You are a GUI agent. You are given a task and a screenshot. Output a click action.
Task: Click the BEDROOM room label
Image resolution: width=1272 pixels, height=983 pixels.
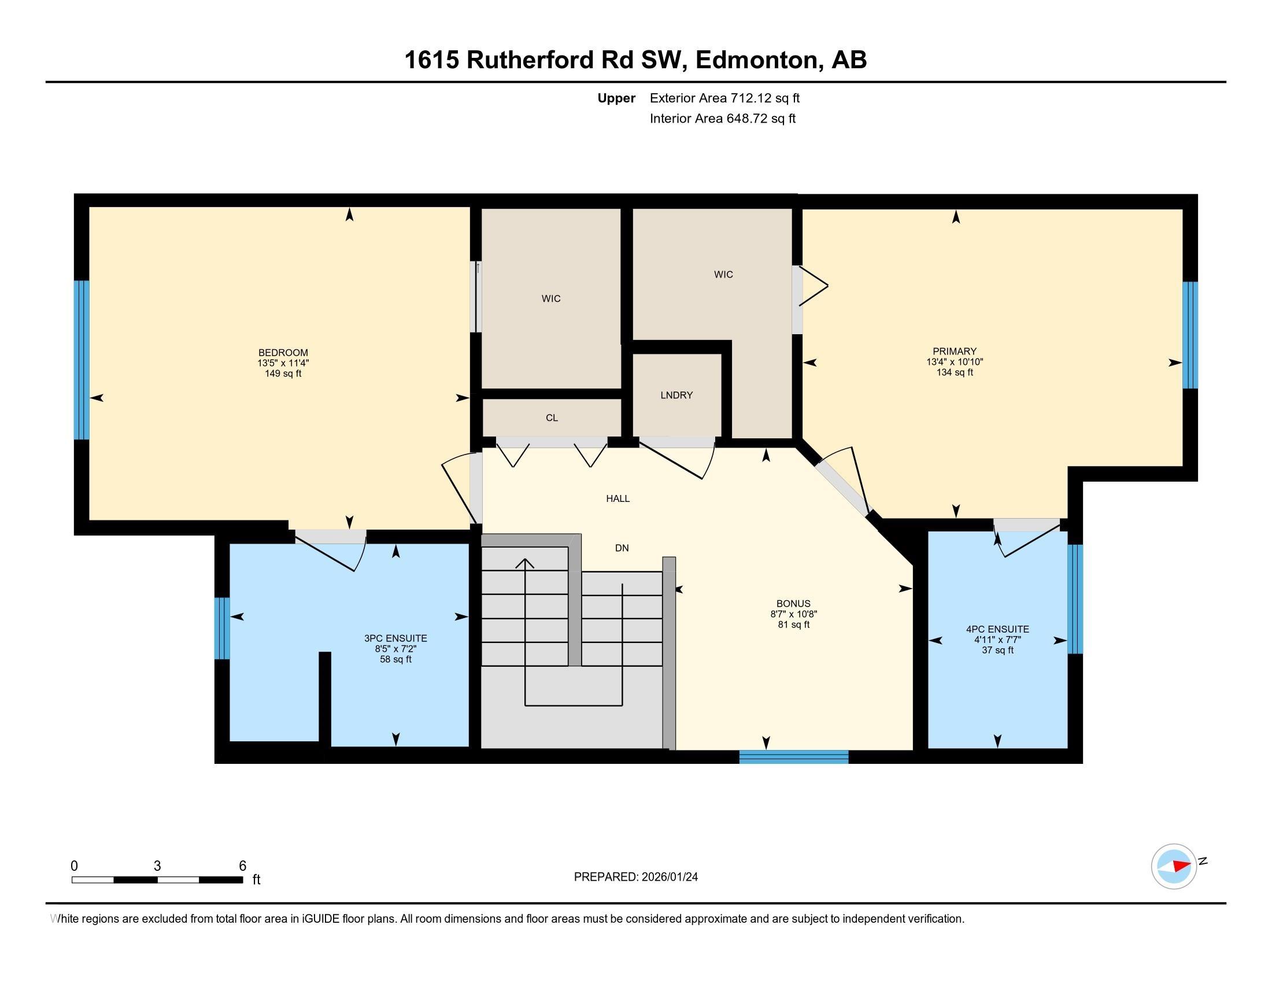coord(283,352)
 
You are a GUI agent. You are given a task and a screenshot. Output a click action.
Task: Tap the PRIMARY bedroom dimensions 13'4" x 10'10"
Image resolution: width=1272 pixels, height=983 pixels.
coord(955,361)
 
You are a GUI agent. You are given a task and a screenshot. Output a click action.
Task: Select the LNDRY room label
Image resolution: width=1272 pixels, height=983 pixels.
coord(676,395)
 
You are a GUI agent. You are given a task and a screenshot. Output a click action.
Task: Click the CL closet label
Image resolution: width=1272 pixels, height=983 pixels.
coord(552,417)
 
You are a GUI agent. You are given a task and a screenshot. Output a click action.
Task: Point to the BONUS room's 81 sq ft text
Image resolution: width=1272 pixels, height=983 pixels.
coord(793,624)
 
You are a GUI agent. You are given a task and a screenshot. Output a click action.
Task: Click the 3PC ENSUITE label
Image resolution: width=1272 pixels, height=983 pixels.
coord(395,638)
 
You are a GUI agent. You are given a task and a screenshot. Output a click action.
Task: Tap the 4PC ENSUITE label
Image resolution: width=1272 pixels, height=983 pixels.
coord(997,629)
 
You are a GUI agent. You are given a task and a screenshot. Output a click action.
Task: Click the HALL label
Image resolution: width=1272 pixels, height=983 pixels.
coord(617,498)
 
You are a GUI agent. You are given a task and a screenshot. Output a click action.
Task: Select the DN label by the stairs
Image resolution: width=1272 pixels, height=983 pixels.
coord(622,548)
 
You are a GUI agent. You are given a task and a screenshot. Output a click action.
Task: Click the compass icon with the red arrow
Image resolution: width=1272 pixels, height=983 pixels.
coord(1174,866)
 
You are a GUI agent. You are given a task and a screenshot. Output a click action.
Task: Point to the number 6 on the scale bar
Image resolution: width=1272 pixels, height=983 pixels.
coord(242,866)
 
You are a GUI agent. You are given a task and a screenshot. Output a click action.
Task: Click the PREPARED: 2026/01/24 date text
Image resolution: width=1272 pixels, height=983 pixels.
coord(635,877)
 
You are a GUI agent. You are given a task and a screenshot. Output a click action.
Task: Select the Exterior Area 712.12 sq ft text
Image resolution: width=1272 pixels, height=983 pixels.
coord(724,98)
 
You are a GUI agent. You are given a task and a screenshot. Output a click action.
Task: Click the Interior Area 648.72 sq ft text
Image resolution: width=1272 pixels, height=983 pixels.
coord(722,119)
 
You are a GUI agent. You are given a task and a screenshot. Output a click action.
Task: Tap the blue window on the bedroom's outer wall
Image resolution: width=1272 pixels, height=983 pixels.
coord(82,360)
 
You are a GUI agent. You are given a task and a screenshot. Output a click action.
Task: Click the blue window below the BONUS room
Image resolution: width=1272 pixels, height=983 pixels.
coord(793,756)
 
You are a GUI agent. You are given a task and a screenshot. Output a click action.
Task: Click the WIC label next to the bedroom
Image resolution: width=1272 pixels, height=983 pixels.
coord(551,299)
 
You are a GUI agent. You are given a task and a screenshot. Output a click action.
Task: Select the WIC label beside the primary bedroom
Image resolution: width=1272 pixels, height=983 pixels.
coord(723,274)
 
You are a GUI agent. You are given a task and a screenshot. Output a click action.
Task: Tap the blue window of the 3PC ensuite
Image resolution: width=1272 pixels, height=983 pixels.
coord(221,629)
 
